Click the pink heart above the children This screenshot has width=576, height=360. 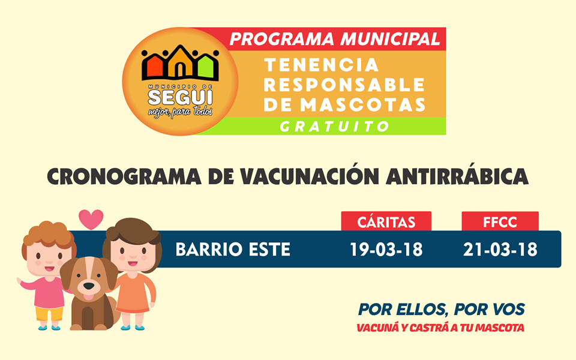coord(91,219)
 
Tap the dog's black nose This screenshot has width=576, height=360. coord(88,285)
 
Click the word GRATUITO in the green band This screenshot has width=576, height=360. coord(334,127)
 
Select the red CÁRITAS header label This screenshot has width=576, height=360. coord(386,222)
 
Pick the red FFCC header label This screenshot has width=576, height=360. coord(500,222)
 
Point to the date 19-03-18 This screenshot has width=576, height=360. coord(386,250)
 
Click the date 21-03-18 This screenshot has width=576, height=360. coord(500,250)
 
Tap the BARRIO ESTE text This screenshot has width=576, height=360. coord(233,250)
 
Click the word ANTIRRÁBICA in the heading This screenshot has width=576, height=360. coord(457,176)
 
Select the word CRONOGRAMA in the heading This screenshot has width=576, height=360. coord(124,177)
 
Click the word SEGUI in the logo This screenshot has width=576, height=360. coord(180,97)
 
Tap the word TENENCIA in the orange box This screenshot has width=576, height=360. coord(322,65)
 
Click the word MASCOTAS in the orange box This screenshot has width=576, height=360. coord(362,104)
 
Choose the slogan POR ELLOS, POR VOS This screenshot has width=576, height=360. coord(442,310)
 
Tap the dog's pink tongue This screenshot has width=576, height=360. coord(88,296)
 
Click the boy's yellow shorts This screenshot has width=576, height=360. coord(49,313)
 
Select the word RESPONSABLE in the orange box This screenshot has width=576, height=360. coord(344,85)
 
